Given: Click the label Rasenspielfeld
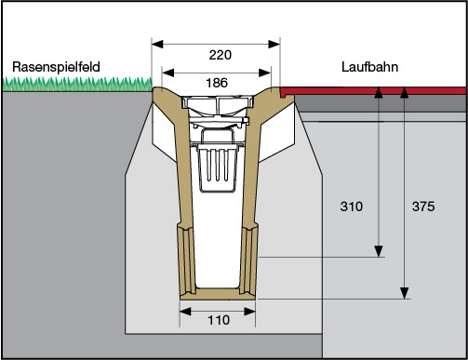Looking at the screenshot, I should coord(55,67).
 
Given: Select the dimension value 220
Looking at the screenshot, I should coord(220,55).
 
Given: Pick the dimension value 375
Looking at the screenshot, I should coord(422,207).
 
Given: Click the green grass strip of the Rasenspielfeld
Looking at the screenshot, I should coord(74,85).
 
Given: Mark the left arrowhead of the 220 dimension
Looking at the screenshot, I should coord(157,43).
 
